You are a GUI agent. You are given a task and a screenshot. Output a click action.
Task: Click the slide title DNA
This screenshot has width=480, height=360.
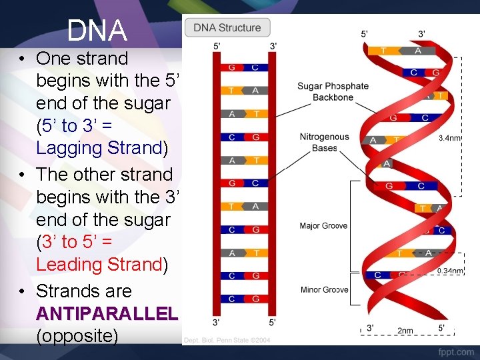pyautogui.click(x=97, y=31)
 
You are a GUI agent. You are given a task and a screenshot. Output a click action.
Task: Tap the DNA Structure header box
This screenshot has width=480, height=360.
pyautogui.click(x=227, y=28)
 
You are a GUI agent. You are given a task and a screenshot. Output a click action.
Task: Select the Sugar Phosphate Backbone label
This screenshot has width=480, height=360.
pyautogui.click(x=333, y=91)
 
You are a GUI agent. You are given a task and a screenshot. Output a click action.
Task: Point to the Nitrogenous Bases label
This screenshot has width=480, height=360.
pyautogui.click(x=324, y=142)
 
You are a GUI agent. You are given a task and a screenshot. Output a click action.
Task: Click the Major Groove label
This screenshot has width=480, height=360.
pyautogui.click(x=323, y=226)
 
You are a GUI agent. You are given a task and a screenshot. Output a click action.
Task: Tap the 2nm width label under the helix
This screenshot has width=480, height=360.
pyautogui.click(x=405, y=330)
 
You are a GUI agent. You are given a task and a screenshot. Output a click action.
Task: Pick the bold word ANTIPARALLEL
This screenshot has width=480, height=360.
pyautogui.click(x=107, y=313)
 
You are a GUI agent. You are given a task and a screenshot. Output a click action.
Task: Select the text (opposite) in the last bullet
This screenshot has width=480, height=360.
pyautogui.click(x=77, y=335)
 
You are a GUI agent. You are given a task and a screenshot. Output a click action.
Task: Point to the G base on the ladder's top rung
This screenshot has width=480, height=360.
pyautogui.click(x=231, y=67)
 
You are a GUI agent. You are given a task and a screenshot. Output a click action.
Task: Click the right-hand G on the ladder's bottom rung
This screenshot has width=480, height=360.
pyautogui.click(x=255, y=299)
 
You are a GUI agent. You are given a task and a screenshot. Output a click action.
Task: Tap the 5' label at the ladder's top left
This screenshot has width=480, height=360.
pyautogui.click(x=217, y=46)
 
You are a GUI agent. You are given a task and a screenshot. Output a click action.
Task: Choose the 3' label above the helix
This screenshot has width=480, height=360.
pyautogui.click(x=422, y=33)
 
